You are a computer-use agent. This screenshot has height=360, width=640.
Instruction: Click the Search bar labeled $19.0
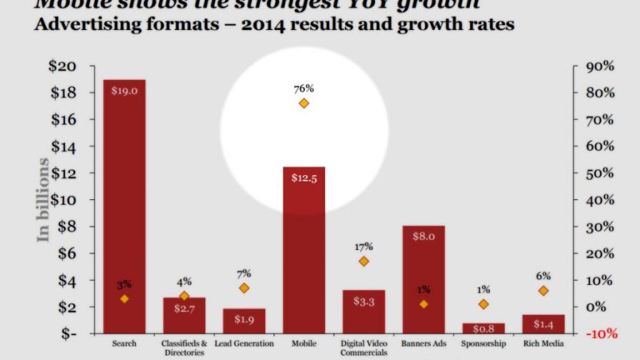pos(124,207)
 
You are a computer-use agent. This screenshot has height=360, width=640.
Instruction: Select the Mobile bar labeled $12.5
pos(304,250)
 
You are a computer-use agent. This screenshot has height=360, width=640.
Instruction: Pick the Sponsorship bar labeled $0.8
pos(484,329)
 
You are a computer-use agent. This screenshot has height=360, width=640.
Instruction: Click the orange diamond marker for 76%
pos(304,103)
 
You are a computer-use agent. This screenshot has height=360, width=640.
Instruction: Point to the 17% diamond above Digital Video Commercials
pos(364,261)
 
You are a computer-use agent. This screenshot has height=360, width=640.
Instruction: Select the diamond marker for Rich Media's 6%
pos(544,291)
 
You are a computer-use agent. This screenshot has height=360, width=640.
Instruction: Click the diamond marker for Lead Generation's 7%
pos(244,288)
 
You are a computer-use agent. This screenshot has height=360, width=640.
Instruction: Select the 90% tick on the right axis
pos(600,66)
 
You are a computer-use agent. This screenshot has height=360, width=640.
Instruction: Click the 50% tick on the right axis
pos(600,173)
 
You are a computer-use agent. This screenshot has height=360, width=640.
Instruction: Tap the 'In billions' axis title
pos(44,200)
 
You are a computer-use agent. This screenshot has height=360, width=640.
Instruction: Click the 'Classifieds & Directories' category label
pos(184,348)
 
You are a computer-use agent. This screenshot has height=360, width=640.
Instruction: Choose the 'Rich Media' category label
pos(544,344)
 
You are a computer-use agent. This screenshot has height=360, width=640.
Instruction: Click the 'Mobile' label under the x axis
pos(304,344)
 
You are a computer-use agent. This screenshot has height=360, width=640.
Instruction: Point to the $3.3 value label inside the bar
pos(364,301)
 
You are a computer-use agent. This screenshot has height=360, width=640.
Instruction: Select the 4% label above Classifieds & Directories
pos(184,282)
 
